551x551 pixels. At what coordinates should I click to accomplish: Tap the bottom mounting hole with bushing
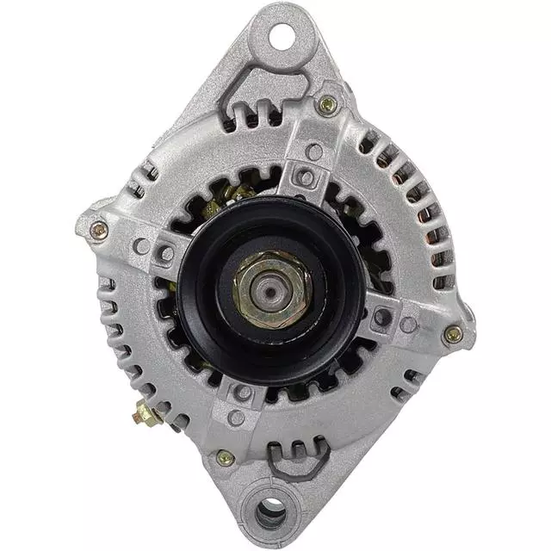pyautogui.click(x=271, y=513)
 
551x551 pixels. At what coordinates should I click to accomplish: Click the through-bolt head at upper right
pyautogui.click(x=327, y=106)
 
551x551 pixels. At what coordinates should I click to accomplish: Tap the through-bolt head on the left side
pyautogui.click(x=98, y=230)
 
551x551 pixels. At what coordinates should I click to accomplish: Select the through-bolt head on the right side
pyautogui.click(x=453, y=334)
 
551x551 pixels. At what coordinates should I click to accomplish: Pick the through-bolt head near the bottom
pyautogui.click(x=225, y=458)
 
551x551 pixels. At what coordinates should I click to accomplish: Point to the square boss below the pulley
pyautogui.click(x=244, y=393)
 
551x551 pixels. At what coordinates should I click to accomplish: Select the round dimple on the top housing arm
pyautogui.click(x=314, y=152)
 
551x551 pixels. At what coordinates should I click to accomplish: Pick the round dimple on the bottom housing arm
pyautogui.click(x=235, y=418)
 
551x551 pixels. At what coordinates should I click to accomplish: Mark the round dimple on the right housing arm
pyautogui.click(x=408, y=325)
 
